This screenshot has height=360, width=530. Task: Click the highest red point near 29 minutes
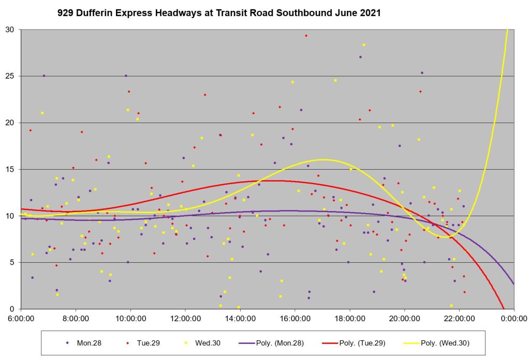[x=306, y=36]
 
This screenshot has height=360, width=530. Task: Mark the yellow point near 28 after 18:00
[x=364, y=45]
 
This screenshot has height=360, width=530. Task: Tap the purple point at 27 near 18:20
[x=360, y=57]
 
